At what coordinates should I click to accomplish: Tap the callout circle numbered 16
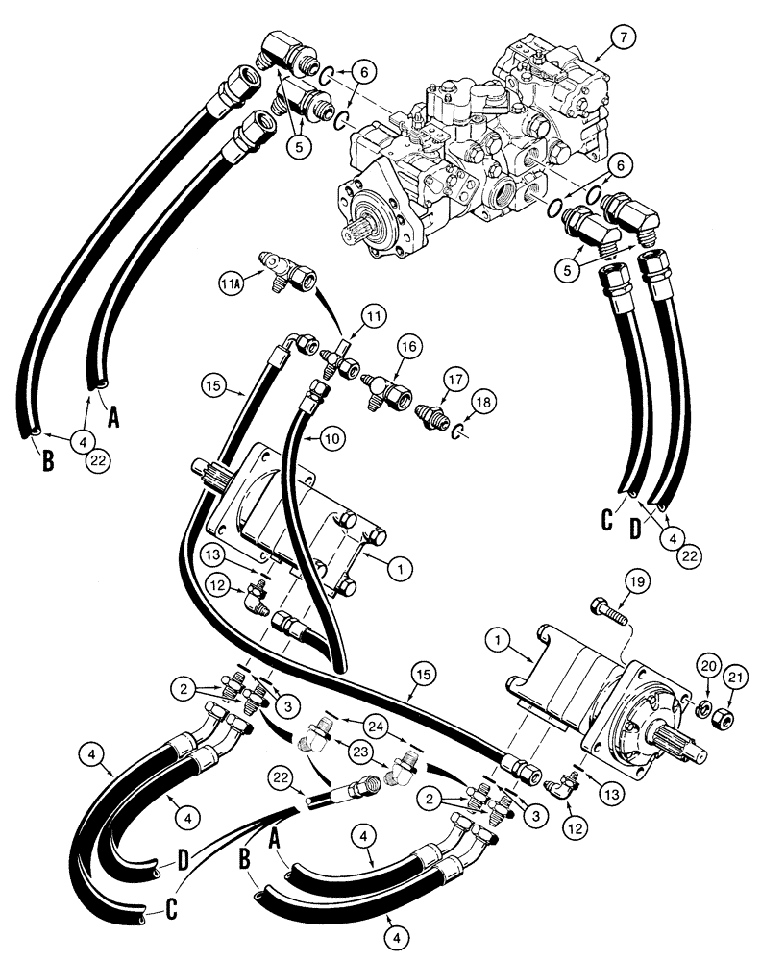406,348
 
